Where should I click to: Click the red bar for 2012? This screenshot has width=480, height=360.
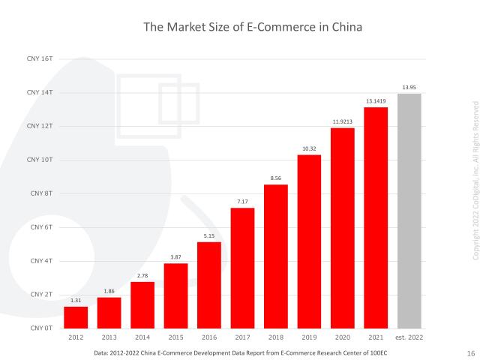click(x=76, y=317)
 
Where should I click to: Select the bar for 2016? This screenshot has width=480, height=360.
click(x=209, y=285)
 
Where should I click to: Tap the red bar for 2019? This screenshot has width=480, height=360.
click(x=309, y=241)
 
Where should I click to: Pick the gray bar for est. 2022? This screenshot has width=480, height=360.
click(x=409, y=211)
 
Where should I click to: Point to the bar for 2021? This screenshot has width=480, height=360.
click(x=376, y=217)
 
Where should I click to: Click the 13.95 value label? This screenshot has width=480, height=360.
click(x=409, y=88)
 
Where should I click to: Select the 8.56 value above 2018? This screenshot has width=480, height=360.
click(x=275, y=178)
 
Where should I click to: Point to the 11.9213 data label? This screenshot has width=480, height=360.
click(x=342, y=122)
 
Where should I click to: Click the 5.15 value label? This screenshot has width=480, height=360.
click(x=209, y=236)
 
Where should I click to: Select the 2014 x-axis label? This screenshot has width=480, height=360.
click(x=142, y=338)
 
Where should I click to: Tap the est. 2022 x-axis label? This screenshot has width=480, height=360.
click(x=409, y=338)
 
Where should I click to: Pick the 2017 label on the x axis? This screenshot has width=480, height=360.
click(x=242, y=338)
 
